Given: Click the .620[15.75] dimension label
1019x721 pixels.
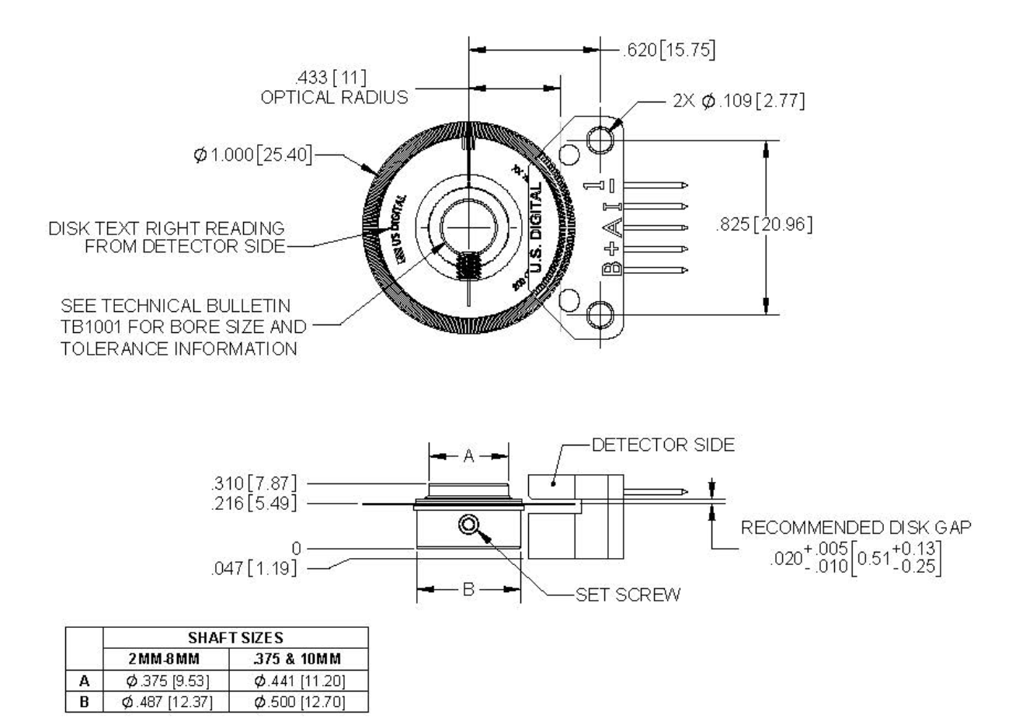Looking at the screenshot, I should tap(669, 50).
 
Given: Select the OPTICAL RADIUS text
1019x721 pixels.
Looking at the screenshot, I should tap(335, 98).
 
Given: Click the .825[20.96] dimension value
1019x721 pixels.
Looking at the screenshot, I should tap(763, 226).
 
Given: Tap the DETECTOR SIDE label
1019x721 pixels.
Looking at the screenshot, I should tap(663, 445).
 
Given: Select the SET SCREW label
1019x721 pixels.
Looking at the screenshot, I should tap(628, 595).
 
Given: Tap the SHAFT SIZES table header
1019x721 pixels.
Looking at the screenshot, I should tap(235, 637).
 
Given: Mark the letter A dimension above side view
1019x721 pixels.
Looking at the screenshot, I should tap(468, 456).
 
